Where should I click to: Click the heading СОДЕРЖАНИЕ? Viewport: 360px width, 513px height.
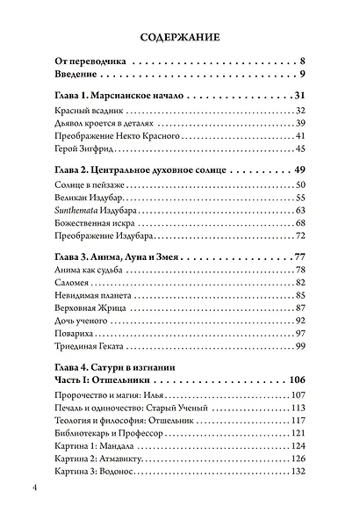pyautogui.click(x=179, y=38)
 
